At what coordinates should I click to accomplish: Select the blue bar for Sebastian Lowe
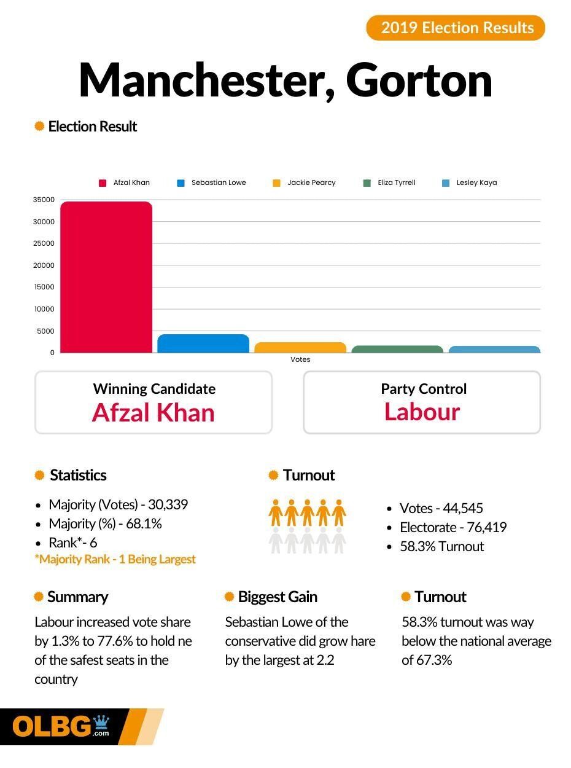pyautogui.click(x=203, y=343)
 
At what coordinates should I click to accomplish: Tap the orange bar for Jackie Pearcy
pyautogui.click(x=300, y=347)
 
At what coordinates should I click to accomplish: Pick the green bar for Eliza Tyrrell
pyautogui.click(x=397, y=349)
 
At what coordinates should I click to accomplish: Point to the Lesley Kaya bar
pyautogui.click(x=494, y=349)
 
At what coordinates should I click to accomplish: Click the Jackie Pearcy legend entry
pyautogui.click(x=305, y=182)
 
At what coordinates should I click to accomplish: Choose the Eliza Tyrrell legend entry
pyautogui.click(x=390, y=182)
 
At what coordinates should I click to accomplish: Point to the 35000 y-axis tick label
pyautogui.click(x=44, y=200)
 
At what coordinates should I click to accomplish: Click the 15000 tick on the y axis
pyautogui.click(x=44, y=287)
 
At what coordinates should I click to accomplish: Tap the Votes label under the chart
pyautogui.click(x=300, y=359)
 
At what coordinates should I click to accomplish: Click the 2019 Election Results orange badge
pyautogui.click(x=456, y=28)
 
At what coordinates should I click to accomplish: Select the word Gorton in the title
pyautogui.click(x=419, y=80)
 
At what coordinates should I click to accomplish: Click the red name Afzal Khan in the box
pyautogui.click(x=153, y=412)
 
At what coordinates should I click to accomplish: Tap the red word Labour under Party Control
pyautogui.click(x=422, y=412)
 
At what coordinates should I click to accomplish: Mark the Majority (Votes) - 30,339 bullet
pyautogui.click(x=118, y=504)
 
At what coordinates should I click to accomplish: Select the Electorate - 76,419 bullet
pyautogui.click(x=453, y=527)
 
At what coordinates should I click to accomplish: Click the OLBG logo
pyautogui.click(x=61, y=727)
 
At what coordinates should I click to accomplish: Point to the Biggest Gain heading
pyautogui.click(x=277, y=597)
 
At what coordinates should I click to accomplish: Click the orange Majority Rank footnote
pyautogui.click(x=115, y=559)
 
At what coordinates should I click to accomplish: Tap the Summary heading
pyautogui.click(x=77, y=597)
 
